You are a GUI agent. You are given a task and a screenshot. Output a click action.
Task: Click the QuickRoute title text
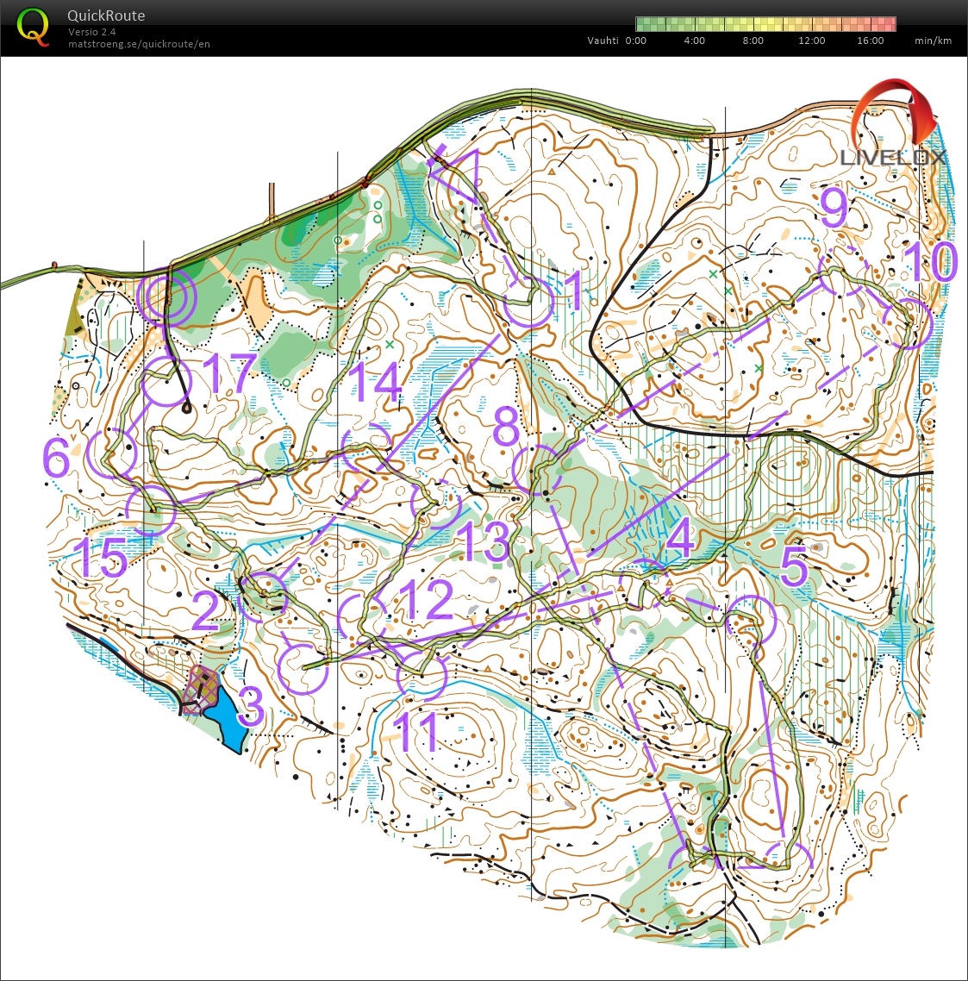(x=106, y=16)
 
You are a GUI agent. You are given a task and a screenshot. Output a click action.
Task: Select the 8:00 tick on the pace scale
(x=753, y=41)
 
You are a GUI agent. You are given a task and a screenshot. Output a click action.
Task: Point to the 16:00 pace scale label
(x=870, y=41)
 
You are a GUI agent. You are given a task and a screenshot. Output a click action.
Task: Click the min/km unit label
(x=933, y=41)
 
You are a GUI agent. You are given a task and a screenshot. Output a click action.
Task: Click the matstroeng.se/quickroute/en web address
(x=139, y=44)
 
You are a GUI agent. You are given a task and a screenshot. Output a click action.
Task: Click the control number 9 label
(x=834, y=208)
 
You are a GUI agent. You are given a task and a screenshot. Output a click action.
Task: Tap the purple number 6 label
(x=56, y=458)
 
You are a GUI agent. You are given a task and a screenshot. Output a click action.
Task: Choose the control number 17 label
(x=230, y=374)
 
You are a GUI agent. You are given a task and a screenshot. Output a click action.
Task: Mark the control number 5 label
(x=794, y=566)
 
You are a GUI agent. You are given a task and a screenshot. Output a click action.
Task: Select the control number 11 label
(x=415, y=731)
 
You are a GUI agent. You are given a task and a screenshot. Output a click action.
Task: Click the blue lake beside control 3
(x=227, y=714)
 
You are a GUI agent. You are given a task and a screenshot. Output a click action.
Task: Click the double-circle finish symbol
(x=167, y=297)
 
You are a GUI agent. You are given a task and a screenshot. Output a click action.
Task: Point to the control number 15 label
(x=100, y=558)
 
